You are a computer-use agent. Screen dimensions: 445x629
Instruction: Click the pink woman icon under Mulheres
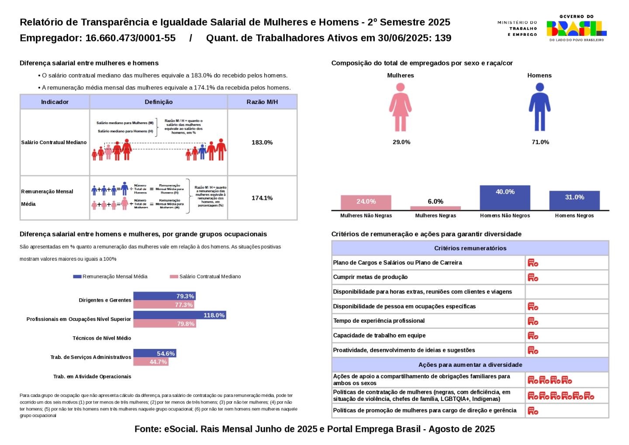400,107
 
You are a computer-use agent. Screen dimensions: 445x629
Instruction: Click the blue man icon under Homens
539,107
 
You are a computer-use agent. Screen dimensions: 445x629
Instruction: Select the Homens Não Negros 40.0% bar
505,198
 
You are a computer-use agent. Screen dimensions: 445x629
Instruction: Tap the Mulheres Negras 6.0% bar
435,208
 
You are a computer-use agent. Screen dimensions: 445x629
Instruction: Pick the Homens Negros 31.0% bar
574,200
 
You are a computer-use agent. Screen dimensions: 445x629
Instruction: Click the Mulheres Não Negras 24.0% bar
366,203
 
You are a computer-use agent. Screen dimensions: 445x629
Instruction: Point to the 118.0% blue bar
180,315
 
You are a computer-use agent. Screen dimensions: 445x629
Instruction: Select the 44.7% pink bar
151,362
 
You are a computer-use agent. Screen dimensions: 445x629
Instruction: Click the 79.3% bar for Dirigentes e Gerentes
164,296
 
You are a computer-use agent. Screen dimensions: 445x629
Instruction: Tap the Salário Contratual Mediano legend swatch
174,276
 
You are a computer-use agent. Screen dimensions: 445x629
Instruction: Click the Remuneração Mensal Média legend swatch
77,276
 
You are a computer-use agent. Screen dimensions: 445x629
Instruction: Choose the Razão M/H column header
262,102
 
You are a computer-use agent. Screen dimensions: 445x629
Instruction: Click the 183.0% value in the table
262,142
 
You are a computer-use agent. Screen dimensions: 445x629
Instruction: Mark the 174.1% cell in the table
262,198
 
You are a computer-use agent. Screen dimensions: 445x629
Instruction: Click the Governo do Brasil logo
577,28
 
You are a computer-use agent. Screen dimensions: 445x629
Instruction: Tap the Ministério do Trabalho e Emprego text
517,28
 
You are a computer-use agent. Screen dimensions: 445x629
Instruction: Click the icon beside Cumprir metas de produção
533,277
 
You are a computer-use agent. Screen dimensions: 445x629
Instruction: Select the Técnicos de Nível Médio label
102,338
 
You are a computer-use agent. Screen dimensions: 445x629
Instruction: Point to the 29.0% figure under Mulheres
401,142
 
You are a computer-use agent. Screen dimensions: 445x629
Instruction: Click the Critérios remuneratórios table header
470,248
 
